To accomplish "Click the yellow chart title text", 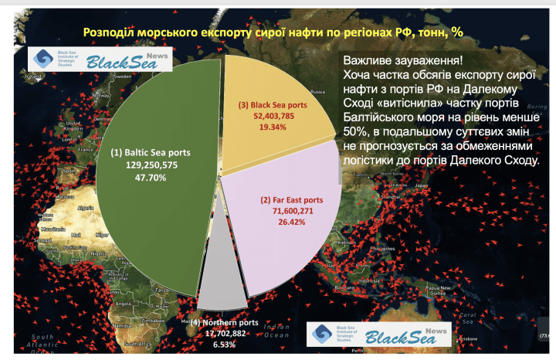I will (278, 32).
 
